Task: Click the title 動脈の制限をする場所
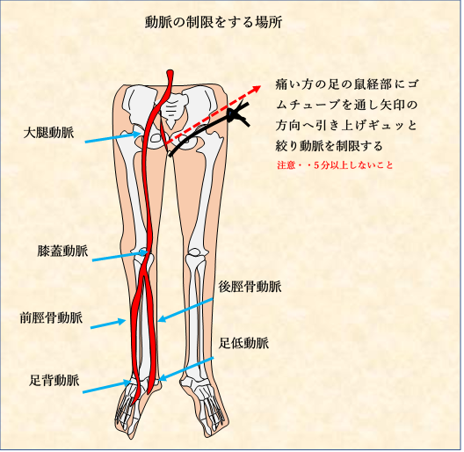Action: (x=214, y=22)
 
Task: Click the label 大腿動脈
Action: (x=49, y=133)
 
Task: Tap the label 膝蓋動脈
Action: (x=62, y=251)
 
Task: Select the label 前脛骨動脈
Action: (x=51, y=317)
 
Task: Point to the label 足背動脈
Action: (x=54, y=380)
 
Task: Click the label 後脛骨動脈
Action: (x=250, y=287)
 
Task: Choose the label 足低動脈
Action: (x=243, y=343)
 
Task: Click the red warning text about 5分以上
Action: (x=335, y=165)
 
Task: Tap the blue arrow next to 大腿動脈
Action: (x=112, y=138)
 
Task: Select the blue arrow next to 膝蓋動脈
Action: (x=120, y=256)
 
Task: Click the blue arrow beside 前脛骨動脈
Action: (x=108, y=324)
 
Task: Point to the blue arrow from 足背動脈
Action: (x=106, y=387)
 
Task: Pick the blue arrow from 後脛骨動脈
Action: (x=185, y=310)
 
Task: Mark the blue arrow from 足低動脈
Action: (x=185, y=369)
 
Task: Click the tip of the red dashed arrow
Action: (x=260, y=86)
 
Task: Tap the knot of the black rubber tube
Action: (x=233, y=113)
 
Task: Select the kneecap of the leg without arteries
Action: (x=194, y=252)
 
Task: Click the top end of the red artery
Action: (x=170, y=71)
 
